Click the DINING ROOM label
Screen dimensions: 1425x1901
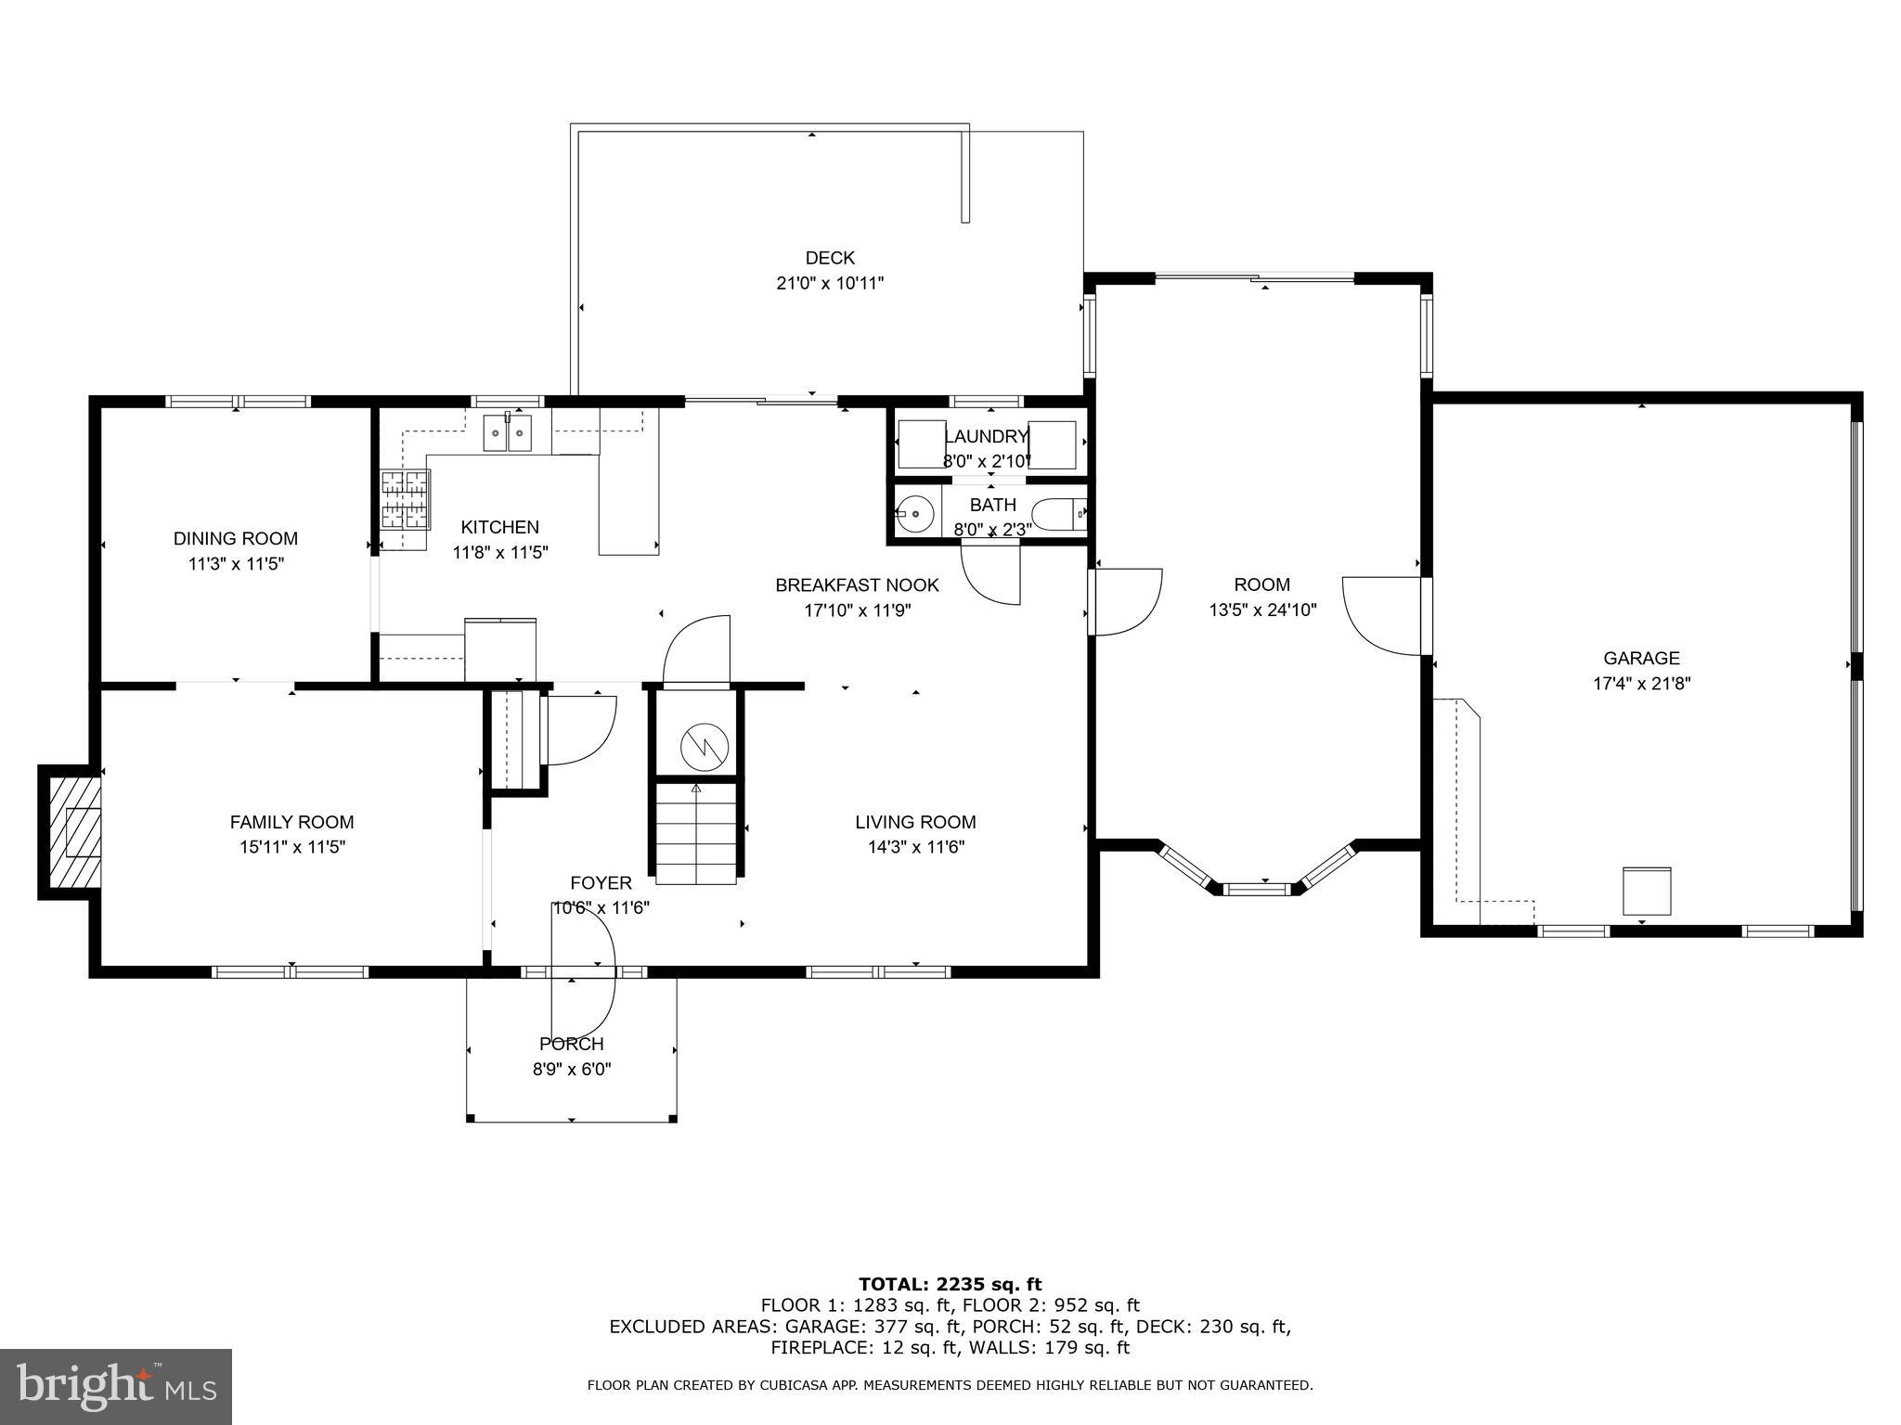pyautogui.click(x=236, y=538)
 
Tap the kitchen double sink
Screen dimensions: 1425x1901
pyautogui.click(x=507, y=433)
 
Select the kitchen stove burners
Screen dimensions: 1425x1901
pyautogui.click(x=406, y=499)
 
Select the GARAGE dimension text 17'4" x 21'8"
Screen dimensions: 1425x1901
pyautogui.click(x=1641, y=684)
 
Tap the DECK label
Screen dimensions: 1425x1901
pyautogui.click(x=830, y=258)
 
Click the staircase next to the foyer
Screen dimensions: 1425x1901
pyautogui.click(x=696, y=832)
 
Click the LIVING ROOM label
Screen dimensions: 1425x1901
pyautogui.click(x=915, y=822)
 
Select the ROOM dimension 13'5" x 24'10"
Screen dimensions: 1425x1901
pyautogui.click(x=1262, y=610)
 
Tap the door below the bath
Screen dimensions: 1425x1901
pyautogui.click(x=990, y=575)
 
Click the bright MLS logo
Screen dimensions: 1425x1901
pyautogui.click(x=116, y=1386)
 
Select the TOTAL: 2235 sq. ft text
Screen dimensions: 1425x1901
pyautogui.click(x=950, y=1285)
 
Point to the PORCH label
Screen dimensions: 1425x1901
pyautogui.click(x=572, y=1044)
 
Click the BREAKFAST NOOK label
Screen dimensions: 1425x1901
pyautogui.click(x=857, y=585)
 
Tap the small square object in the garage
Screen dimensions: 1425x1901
pyautogui.click(x=1647, y=892)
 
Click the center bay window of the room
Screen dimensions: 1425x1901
pyautogui.click(x=1257, y=889)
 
